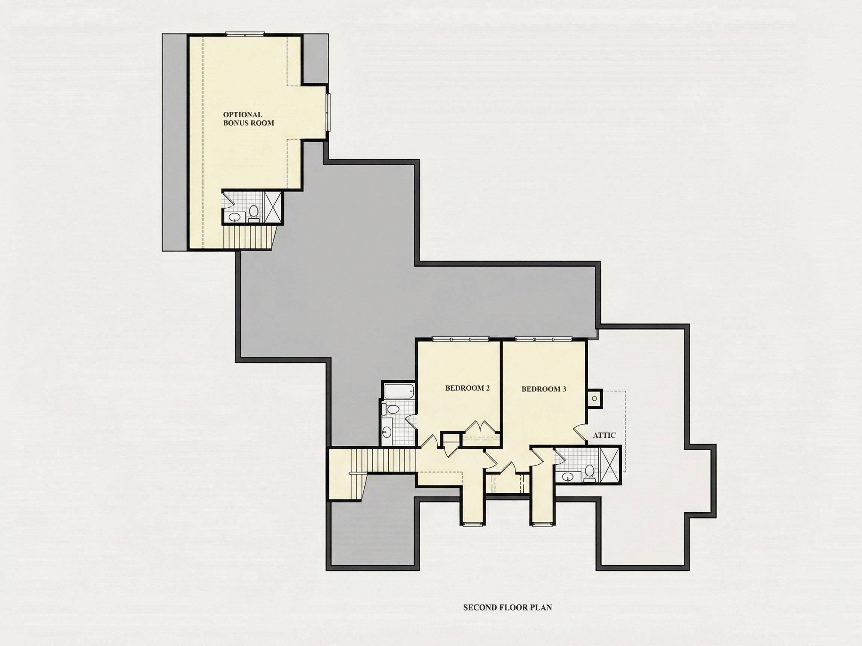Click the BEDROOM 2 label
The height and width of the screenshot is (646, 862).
point(467,388)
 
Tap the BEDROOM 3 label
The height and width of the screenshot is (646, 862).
point(544,389)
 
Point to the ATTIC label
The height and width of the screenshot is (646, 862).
point(604,435)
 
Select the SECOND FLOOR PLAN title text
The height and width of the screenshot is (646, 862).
point(507,607)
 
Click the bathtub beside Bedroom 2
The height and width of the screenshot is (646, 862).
point(399,391)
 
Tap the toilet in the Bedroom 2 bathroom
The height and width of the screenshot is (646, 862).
point(391,409)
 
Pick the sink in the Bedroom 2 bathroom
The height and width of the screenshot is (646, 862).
point(387,431)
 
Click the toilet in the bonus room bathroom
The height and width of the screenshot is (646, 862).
point(254,213)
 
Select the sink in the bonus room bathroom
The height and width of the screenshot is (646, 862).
point(234,217)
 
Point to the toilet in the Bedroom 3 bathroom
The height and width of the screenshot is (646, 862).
point(590,473)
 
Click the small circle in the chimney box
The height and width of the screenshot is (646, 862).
point(594,399)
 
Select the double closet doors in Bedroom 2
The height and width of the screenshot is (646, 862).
point(482,427)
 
